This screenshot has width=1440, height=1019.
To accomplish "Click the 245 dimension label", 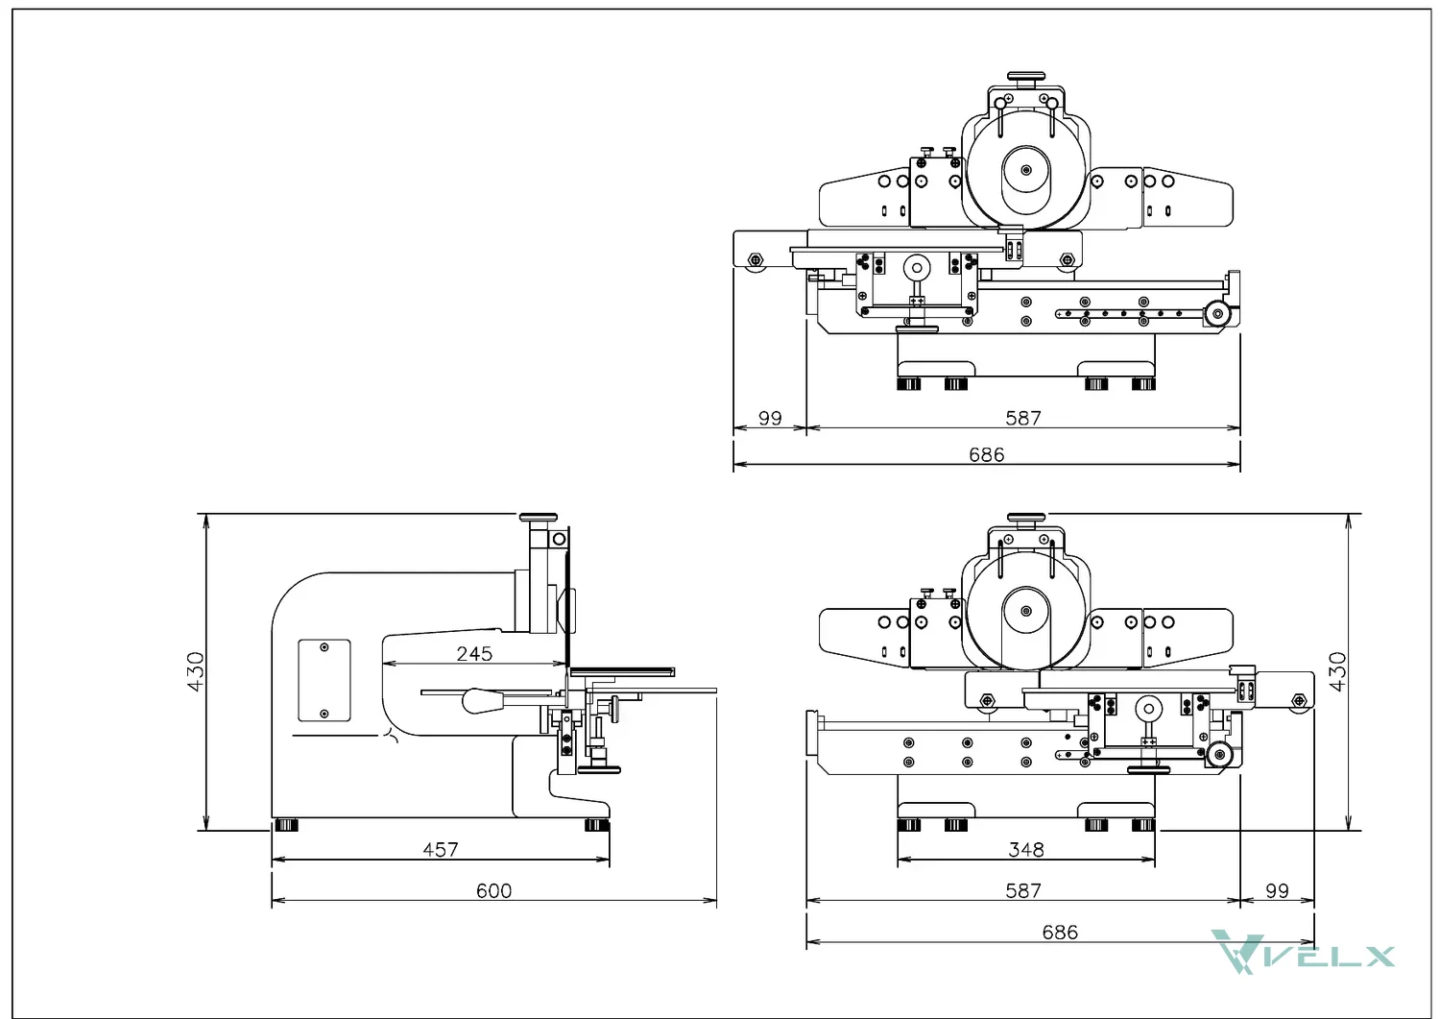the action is [x=474, y=654].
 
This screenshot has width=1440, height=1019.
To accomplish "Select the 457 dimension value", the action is [x=441, y=850].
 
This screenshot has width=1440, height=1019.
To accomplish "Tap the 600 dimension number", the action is [x=493, y=891].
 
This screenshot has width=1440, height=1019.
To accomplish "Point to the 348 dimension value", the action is [x=1026, y=850].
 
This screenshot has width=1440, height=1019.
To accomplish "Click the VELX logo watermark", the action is [x=1303, y=952].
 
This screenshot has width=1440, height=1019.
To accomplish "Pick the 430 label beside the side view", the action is [x=196, y=671].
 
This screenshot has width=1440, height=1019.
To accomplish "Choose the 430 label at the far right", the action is [x=1337, y=671].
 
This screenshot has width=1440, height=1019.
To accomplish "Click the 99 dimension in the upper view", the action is [x=770, y=418].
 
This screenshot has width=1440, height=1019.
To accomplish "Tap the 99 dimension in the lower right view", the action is [x=1277, y=891].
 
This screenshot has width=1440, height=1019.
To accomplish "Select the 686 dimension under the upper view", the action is [x=987, y=455].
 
